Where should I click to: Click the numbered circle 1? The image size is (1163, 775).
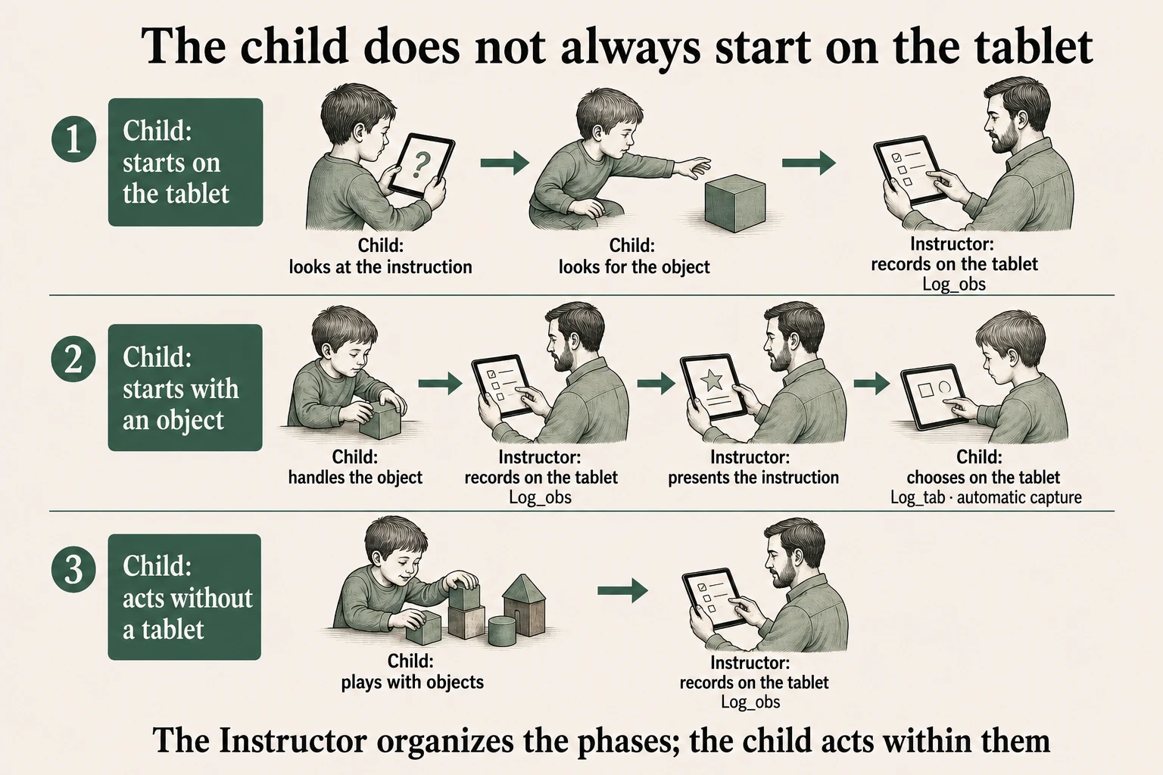tap(73, 139)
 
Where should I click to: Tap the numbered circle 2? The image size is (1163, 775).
tap(73, 359)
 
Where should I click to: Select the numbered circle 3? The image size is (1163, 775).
tap(73, 569)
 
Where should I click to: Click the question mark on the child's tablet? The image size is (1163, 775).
tap(420, 164)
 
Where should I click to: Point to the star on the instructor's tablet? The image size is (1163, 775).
tap(711, 381)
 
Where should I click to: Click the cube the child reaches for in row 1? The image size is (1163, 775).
tap(734, 203)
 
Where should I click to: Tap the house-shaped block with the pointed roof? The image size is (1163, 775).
tap(524, 605)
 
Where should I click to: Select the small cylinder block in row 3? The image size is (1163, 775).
tap(502, 630)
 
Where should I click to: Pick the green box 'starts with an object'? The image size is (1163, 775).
tap(186, 387)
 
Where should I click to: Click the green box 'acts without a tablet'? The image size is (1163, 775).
tap(184, 597)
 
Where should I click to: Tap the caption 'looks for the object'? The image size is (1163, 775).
tap(634, 267)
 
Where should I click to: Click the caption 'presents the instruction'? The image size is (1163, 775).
tap(753, 478)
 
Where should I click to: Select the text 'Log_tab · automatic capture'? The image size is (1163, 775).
tap(986, 497)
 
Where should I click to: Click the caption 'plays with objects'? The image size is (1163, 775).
tap(412, 682)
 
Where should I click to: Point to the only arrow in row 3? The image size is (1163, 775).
tap(622, 590)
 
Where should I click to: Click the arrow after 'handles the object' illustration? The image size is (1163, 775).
tap(440, 384)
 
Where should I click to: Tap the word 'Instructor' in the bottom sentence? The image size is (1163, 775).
tap(293, 740)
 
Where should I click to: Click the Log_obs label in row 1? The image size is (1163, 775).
tap(954, 285)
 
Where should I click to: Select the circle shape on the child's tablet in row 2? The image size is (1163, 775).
tap(944, 387)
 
